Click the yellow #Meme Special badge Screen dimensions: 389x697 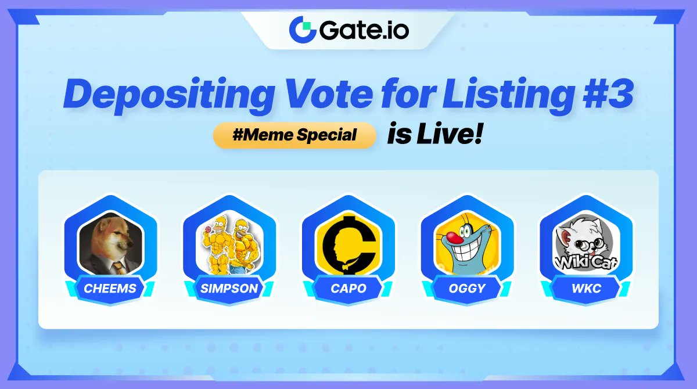pyautogui.click(x=294, y=135)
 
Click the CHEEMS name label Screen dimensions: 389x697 pyautogui.click(x=110, y=289)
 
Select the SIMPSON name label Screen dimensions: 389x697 pyautogui.click(x=229, y=289)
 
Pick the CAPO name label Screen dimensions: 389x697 pyautogui.click(x=348, y=289)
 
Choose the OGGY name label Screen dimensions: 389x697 pyautogui.click(x=467, y=289)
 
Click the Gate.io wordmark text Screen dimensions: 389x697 pyautogui.click(x=364, y=29)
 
